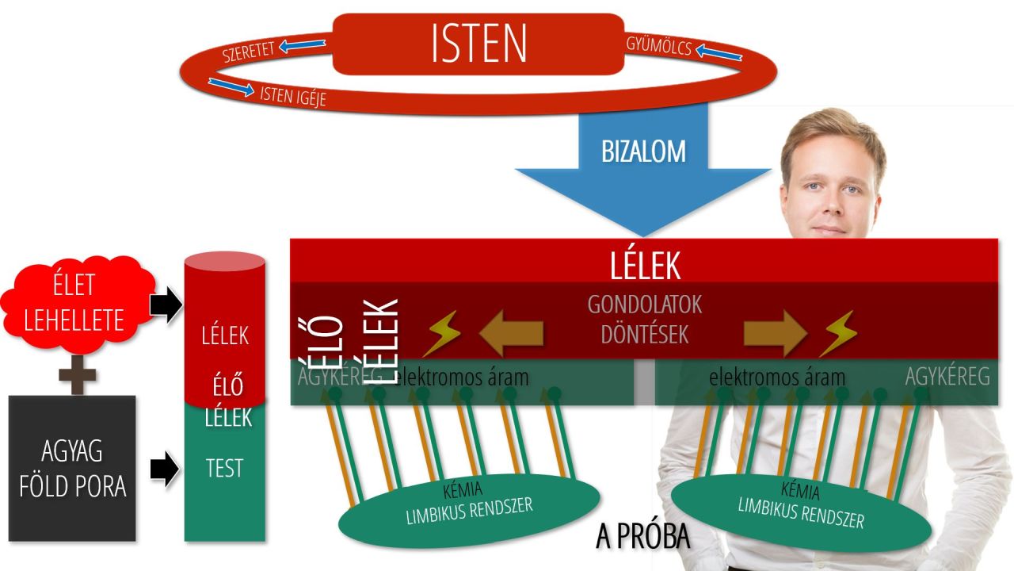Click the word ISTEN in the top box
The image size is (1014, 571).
point(478,43)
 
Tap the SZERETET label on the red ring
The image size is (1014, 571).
point(249,51)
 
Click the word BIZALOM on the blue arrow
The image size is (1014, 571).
point(643,150)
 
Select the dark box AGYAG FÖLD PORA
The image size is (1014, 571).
point(72,468)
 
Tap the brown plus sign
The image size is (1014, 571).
point(77,374)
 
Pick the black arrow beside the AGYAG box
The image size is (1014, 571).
point(165,469)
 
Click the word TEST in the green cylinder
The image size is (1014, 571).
point(224,469)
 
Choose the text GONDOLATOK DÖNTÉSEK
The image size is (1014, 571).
point(644,320)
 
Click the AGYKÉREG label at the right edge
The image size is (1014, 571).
point(947,377)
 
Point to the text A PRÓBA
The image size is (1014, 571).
point(642,537)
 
